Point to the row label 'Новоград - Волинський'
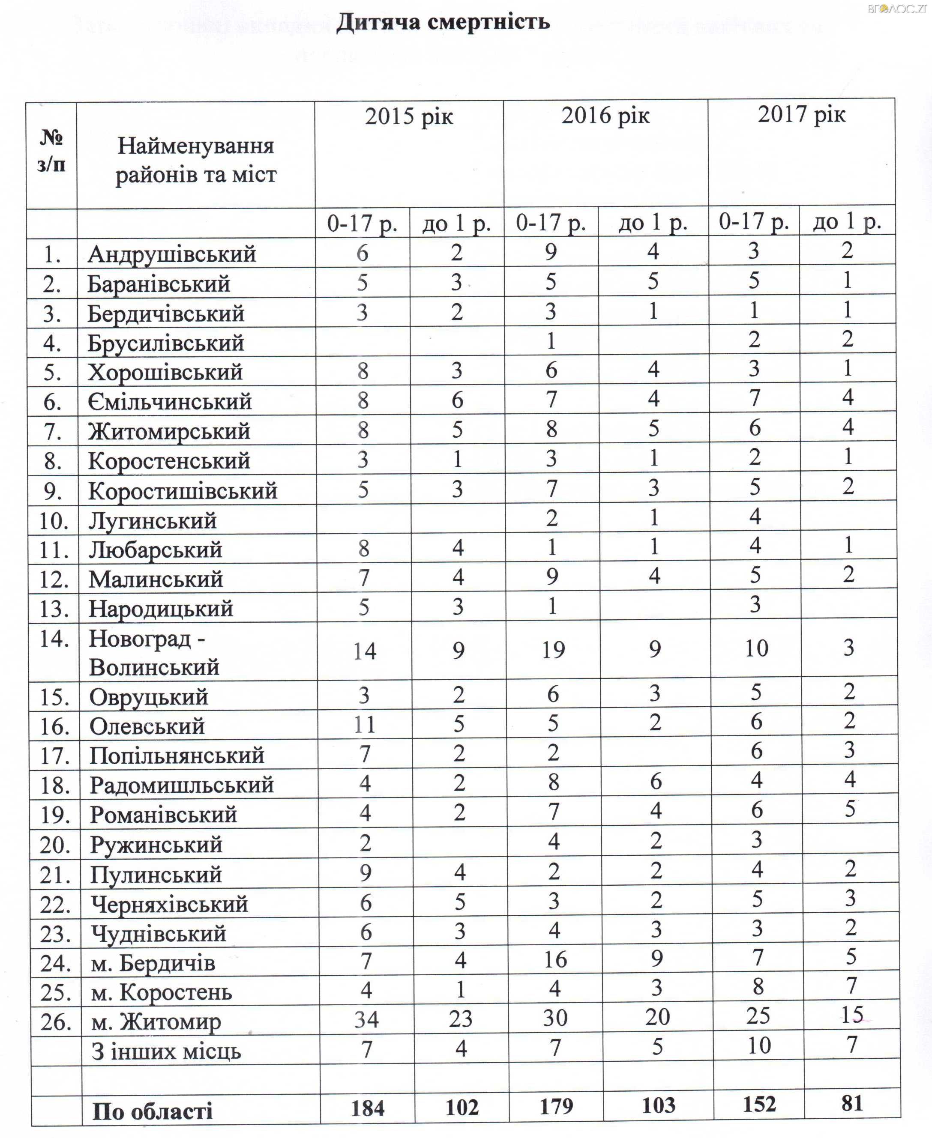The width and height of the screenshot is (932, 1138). (154, 652)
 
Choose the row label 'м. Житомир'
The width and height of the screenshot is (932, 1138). (156, 1021)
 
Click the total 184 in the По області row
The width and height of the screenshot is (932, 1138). (367, 1108)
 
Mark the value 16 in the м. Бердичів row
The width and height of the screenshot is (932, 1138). (555, 959)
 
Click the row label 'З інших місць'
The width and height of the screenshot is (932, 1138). (166, 1051)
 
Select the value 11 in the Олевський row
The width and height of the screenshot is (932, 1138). (365, 725)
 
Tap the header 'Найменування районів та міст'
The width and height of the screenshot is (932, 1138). (195, 160)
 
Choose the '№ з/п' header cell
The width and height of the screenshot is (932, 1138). (51, 151)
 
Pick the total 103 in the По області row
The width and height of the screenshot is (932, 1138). (658, 1105)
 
